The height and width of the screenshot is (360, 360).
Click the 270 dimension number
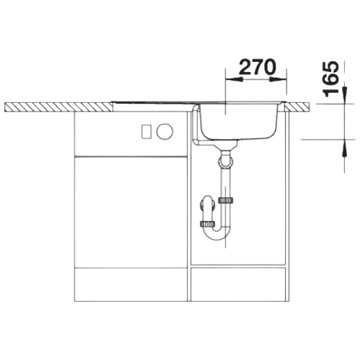[258, 67]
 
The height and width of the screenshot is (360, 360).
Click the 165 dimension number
[331, 79]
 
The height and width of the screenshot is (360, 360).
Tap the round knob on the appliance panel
[164, 131]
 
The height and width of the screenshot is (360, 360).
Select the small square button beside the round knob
[146, 132]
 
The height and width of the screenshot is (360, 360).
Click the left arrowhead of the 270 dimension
[233, 79]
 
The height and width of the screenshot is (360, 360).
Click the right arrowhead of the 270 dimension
[279, 79]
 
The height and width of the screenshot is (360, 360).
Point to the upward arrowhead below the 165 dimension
[345, 148]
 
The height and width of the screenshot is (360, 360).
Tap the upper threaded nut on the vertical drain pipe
[225, 200]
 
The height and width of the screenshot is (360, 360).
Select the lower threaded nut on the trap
[207, 224]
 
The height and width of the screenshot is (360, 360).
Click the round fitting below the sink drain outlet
[225, 161]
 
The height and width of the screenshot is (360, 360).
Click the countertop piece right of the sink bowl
[297, 107]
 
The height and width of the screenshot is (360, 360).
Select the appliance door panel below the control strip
[131, 212]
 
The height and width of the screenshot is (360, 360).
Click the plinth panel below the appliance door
[131, 284]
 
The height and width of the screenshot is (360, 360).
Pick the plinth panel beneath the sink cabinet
[238, 284]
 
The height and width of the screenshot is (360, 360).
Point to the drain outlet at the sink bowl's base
[225, 145]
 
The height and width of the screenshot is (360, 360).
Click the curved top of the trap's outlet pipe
[207, 200]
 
